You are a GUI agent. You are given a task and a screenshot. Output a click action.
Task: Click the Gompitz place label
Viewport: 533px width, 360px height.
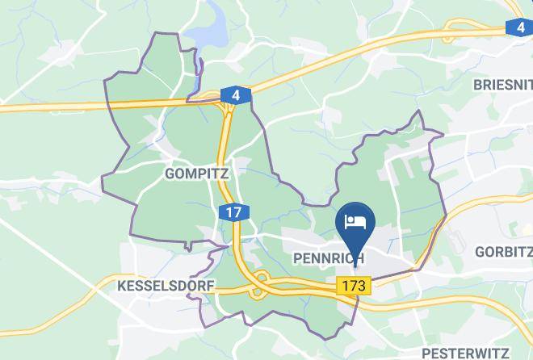pos(196,174)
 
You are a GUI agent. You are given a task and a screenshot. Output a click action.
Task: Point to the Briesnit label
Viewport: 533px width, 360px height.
pos(503,83)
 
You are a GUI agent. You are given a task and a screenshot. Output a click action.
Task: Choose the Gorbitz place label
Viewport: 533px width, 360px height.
pos(503,250)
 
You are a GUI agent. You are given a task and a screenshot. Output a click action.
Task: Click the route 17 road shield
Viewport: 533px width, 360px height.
pos(233,213)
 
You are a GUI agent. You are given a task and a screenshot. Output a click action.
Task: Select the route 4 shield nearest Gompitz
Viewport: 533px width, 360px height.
pos(235,96)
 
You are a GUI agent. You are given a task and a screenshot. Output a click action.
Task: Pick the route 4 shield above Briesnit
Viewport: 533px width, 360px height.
pos(518,28)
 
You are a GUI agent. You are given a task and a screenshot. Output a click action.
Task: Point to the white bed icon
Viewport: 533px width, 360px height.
pos(356,220)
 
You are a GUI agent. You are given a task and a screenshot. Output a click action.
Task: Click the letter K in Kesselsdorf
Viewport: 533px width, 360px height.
pos(122,287)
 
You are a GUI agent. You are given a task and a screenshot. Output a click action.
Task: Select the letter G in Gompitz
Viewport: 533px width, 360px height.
pos(170,174)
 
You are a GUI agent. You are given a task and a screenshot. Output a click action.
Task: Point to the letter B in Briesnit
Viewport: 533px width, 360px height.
pos(478,83)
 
